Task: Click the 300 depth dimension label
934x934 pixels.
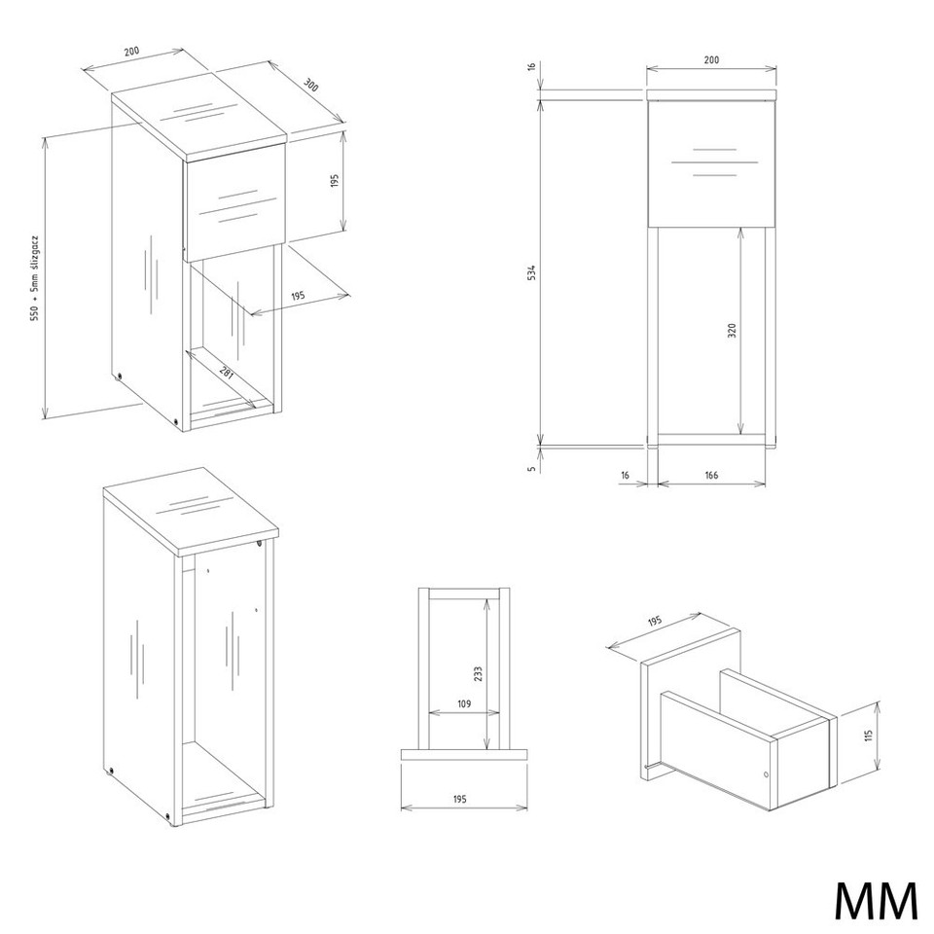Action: click(x=311, y=85)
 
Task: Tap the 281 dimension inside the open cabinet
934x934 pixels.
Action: click(x=227, y=375)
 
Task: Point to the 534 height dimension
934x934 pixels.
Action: click(x=532, y=272)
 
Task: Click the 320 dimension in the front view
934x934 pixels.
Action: click(x=732, y=331)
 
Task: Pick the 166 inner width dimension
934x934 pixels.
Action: click(x=711, y=475)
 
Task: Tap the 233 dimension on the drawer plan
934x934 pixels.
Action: click(x=478, y=673)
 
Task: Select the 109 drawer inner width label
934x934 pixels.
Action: click(x=464, y=704)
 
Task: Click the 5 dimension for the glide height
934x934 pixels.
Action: click(x=532, y=468)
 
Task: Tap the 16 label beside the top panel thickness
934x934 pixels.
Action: click(x=532, y=66)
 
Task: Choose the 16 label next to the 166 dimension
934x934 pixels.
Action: click(x=625, y=475)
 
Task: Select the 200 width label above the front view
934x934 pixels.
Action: click(x=711, y=59)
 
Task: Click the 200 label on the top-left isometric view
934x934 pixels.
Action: click(x=131, y=51)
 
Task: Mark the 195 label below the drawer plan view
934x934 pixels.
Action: click(x=459, y=800)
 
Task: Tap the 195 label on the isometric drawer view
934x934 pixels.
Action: click(x=654, y=622)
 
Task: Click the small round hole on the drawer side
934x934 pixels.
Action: click(x=766, y=775)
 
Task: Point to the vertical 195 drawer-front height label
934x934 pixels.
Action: click(x=334, y=181)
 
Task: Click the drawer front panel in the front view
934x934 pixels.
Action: click(x=712, y=164)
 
